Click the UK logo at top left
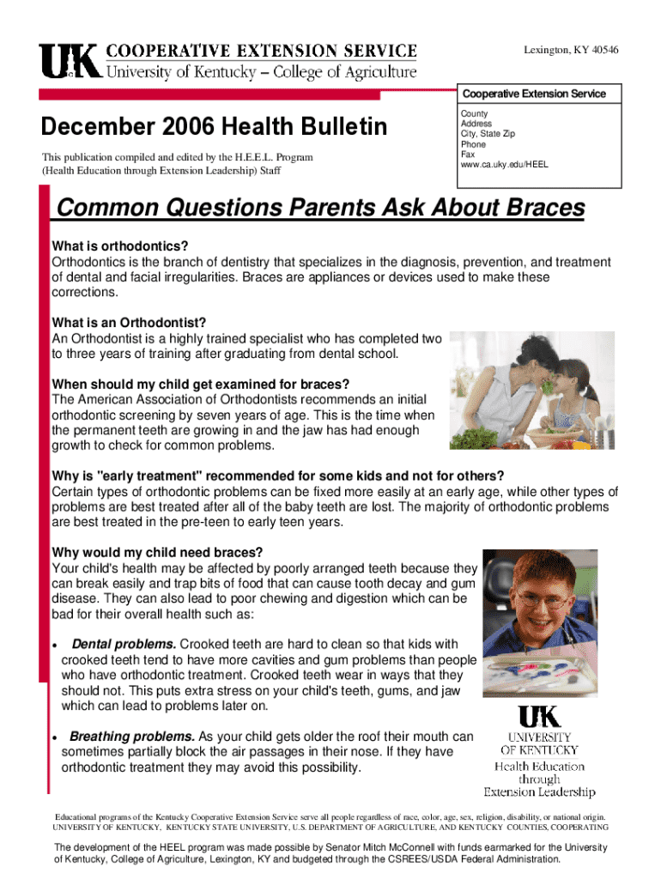(69, 61)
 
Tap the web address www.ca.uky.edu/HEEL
(505, 165)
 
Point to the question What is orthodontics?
(120, 246)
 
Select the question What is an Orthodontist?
(130, 323)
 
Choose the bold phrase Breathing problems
(132, 737)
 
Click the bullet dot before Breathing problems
(55, 738)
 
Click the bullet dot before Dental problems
(55, 646)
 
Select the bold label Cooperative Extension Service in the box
(534, 94)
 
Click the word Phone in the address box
(473, 144)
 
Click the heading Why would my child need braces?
(157, 551)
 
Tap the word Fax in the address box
(468, 155)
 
